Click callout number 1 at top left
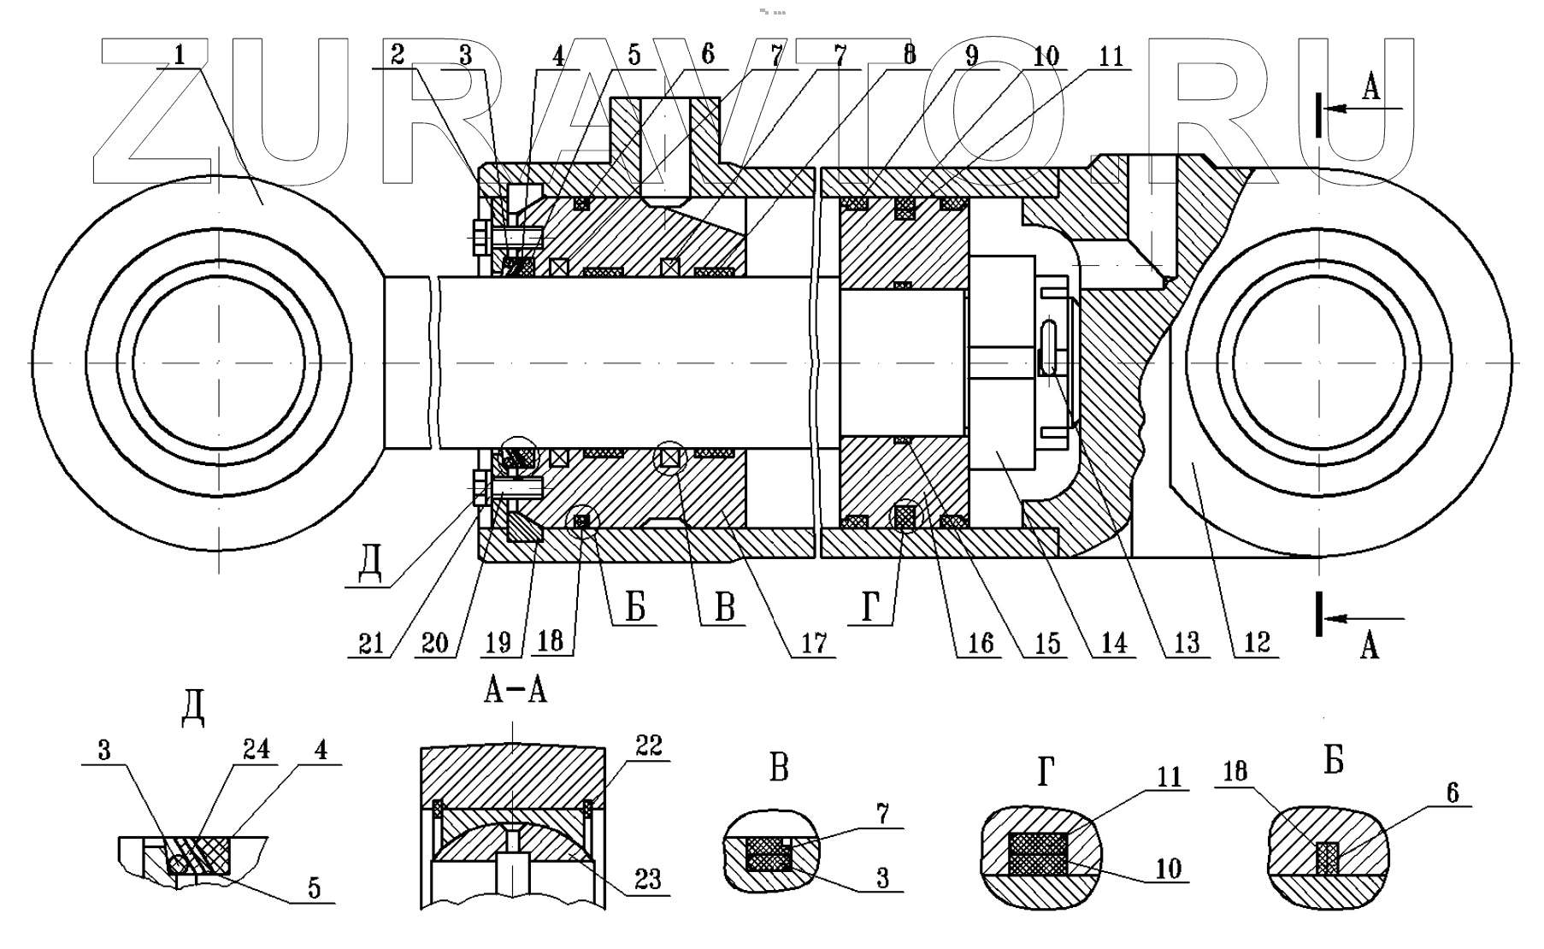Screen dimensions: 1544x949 tap(179, 55)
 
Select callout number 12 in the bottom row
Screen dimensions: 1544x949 tap(1256, 643)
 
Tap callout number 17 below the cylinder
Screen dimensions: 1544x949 tap(814, 643)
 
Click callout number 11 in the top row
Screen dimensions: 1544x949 tap(1111, 56)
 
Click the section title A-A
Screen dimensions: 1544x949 tap(516, 690)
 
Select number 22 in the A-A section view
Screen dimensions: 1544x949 tap(648, 746)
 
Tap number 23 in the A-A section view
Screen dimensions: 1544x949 tap(648, 879)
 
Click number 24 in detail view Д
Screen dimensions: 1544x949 tap(256, 750)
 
